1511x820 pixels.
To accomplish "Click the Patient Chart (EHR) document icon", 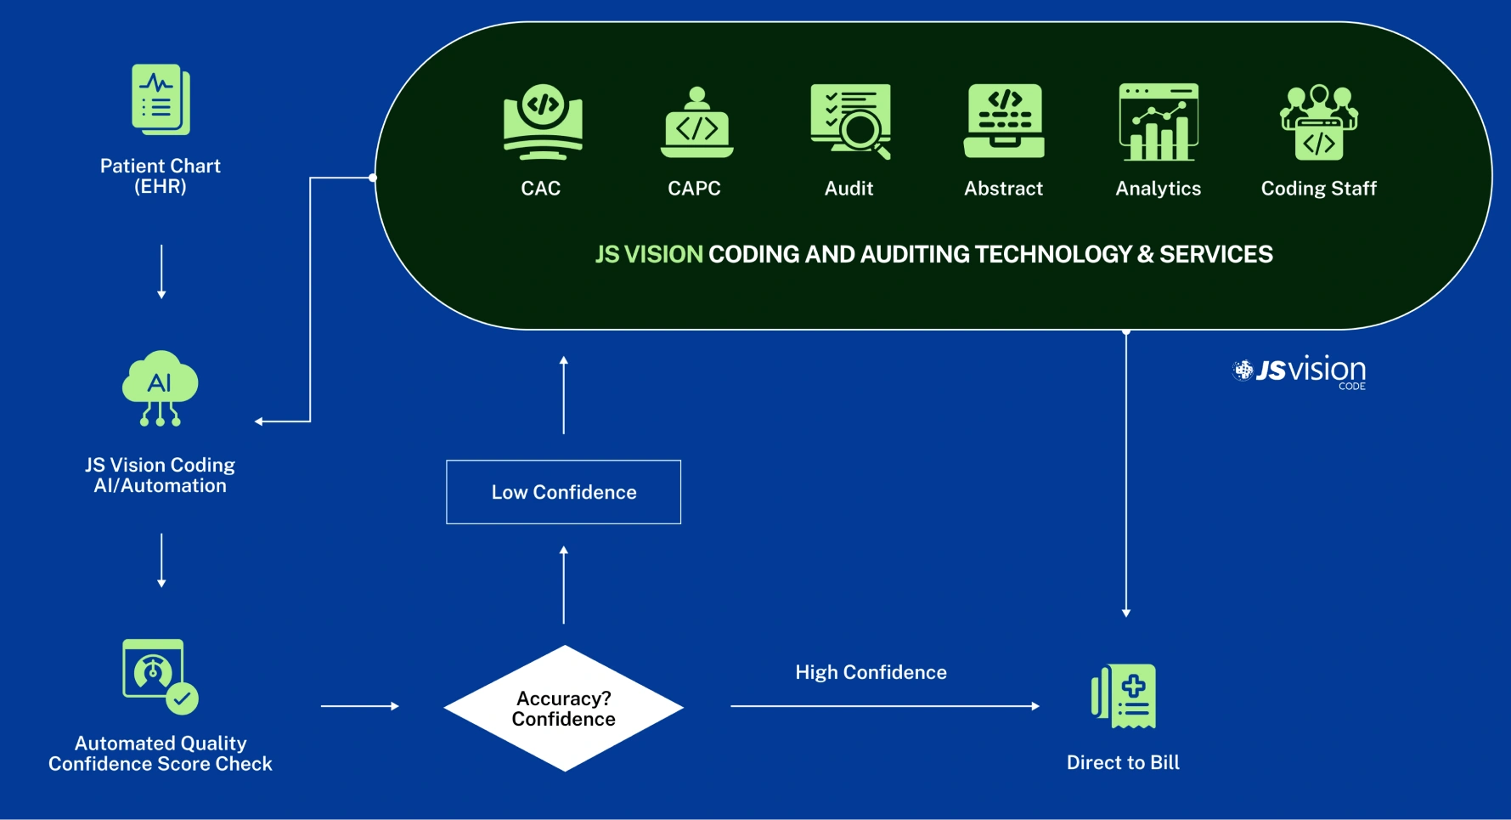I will tap(161, 99).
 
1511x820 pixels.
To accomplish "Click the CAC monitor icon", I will tap(543, 122).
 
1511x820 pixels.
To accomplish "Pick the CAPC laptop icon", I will tap(696, 123).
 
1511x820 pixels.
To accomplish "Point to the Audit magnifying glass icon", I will tap(850, 122).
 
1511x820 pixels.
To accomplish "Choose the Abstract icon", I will tap(1004, 121).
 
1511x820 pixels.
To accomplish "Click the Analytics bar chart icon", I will tap(1159, 122).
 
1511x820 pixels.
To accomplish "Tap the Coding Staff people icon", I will tap(1318, 122).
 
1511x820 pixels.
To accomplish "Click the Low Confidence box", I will tap(563, 492).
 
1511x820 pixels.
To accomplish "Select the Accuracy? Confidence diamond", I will tap(563, 708).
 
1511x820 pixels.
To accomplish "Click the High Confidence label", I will tap(871, 672).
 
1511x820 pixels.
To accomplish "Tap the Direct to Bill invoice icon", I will tap(1124, 696).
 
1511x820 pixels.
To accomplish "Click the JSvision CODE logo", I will tap(1300, 371).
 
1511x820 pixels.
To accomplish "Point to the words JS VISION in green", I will tap(649, 254).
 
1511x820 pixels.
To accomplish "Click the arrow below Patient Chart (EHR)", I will tap(161, 272).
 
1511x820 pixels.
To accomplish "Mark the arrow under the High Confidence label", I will tap(884, 706).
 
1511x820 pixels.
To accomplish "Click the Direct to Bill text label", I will tap(1123, 762).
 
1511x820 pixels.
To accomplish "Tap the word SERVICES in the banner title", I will tap(1215, 254).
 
